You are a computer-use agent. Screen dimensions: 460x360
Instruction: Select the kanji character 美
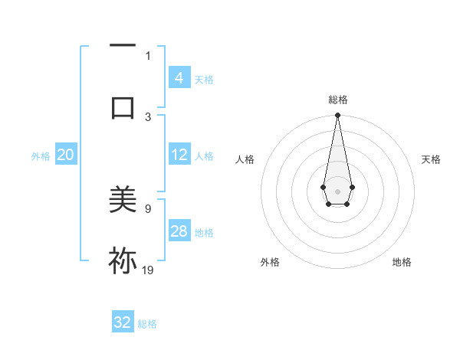point(123,201)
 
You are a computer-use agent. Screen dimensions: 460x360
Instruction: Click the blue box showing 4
point(179,77)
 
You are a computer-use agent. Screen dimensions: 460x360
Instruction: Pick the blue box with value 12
point(179,155)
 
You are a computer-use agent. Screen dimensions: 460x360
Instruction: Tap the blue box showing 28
point(179,231)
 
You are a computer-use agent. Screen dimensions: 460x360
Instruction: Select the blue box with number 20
point(66,155)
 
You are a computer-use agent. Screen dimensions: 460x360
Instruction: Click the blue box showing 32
point(123,322)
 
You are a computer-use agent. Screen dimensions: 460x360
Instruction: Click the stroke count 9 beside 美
point(148,208)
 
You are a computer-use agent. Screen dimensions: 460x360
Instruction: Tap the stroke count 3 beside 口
point(148,116)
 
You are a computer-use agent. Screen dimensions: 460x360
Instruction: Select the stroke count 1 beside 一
point(148,55)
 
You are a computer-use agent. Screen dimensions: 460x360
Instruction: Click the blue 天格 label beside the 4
point(204,79)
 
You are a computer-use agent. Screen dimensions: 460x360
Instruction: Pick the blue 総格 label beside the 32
point(147,324)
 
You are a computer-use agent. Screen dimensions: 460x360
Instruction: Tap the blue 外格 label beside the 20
point(41,156)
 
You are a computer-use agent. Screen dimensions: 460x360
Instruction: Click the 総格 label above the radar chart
point(337,100)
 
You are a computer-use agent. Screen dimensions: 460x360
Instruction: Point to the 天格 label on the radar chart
point(431,159)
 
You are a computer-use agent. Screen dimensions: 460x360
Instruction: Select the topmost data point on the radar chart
point(337,116)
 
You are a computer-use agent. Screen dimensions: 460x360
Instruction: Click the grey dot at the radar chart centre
point(337,190)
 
